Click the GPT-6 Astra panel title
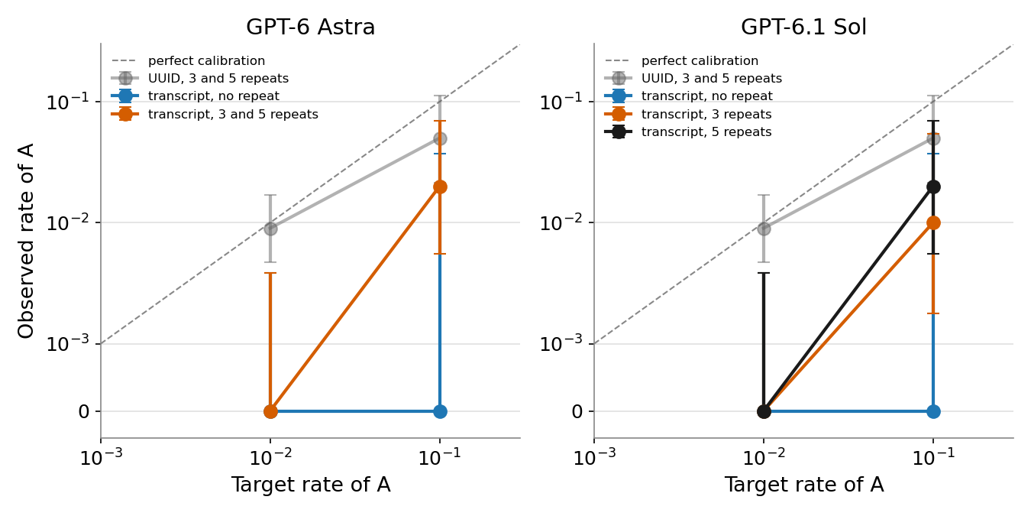[311, 27]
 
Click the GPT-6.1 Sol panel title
[803, 27]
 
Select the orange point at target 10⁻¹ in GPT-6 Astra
[440, 187]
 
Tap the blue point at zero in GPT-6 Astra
[440, 411]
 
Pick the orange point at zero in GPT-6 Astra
[270, 411]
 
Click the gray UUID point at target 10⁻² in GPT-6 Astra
[270, 229]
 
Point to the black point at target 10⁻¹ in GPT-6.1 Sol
[933, 187]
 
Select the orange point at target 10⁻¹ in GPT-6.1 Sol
[933, 223]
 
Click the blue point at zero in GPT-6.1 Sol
[933, 411]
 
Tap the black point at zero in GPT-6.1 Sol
[764, 411]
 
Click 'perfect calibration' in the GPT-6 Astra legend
[207, 61]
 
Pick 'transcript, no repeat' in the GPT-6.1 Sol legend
[707, 96]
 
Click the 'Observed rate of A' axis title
[25, 241]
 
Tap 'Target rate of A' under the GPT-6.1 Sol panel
[804, 485]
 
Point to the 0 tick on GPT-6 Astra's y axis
[84, 411]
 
